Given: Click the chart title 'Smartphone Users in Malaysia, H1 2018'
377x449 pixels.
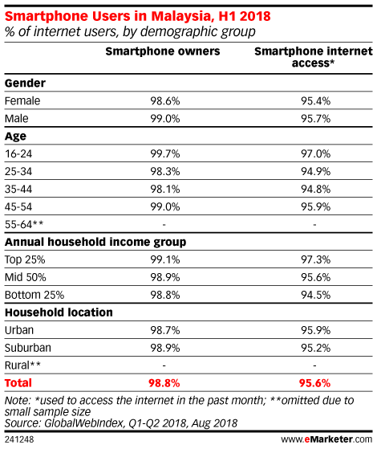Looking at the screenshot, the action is (138, 16).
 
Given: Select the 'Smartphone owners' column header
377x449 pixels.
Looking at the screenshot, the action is (163, 51).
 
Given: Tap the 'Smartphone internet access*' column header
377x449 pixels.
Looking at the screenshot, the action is (314, 57).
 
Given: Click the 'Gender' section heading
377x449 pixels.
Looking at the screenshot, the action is (25, 84).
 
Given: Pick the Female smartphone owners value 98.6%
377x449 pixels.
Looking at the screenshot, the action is (165, 101).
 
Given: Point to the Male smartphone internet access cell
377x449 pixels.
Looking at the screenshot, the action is (315, 119).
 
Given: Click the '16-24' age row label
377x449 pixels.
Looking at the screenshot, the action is (18, 154).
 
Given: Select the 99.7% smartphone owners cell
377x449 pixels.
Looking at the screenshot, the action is (165, 154).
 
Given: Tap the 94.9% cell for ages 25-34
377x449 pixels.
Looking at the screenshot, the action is (315, 172).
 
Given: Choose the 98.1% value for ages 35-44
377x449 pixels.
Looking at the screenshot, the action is (165, 190).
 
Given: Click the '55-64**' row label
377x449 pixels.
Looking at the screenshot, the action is (24, 224).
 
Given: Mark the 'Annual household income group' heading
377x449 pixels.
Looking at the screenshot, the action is (95, 243).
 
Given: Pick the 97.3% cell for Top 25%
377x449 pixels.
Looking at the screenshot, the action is (315, 259).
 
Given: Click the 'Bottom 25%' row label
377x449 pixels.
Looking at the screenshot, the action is (34, 295).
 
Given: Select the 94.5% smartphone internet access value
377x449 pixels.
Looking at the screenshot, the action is (315, 295).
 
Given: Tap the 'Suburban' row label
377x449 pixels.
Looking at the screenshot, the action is (28, 348).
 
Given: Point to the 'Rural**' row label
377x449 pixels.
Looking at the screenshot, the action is (22, 365).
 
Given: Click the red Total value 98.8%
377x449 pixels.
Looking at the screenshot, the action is (164, 383).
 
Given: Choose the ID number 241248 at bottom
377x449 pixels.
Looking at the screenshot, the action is (19, 439).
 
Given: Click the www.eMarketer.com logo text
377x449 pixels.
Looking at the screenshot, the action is (326, 439).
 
